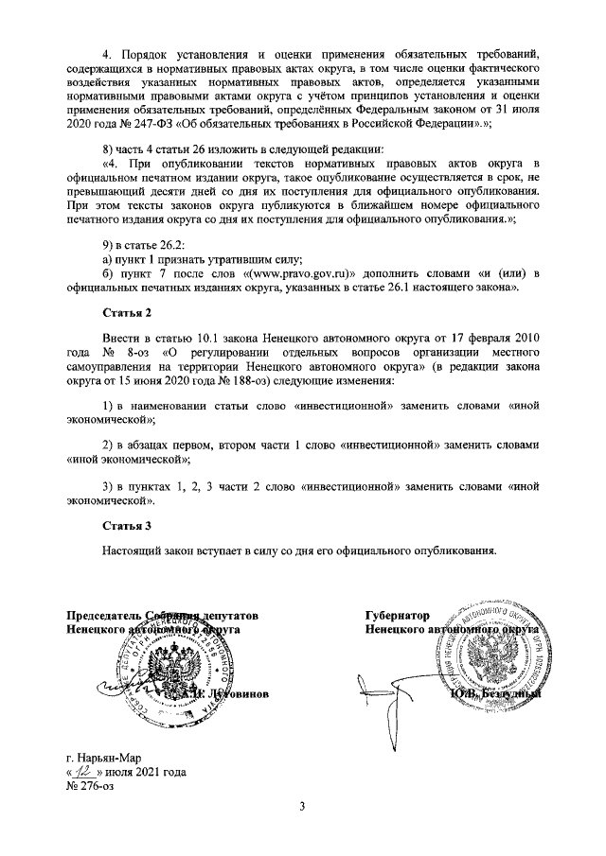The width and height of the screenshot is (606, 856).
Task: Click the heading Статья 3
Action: (127, 523)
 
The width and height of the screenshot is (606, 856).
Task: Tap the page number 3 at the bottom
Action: (303, 806)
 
